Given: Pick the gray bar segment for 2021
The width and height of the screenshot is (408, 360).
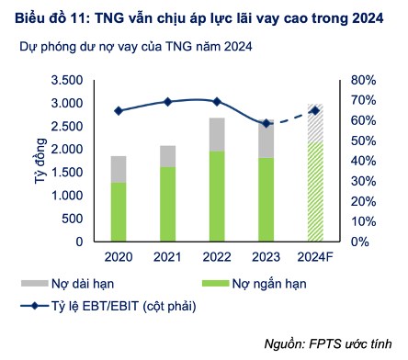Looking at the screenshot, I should tap(167, 156).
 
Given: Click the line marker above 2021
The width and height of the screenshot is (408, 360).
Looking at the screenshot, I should tap(167, 102).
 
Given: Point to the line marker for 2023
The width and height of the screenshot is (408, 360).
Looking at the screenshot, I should tap(266, 123).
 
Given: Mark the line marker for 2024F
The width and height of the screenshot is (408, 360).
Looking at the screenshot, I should tap(315, 110).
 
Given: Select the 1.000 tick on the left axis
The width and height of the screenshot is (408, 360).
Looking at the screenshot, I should tap(67, 196).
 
